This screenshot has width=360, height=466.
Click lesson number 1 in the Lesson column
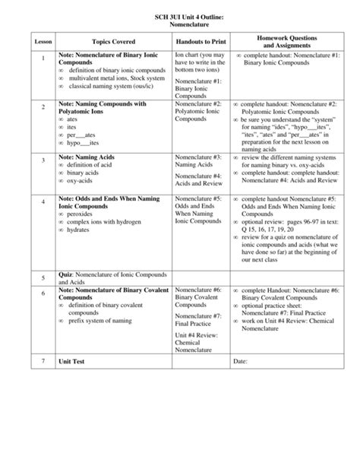43,59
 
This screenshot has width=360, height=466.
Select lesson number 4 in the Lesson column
43,202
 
